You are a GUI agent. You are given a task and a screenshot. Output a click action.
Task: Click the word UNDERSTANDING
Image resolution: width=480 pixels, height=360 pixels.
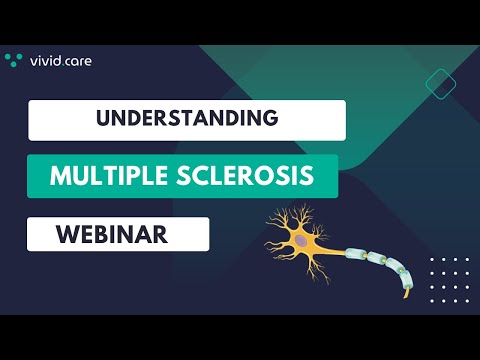186,118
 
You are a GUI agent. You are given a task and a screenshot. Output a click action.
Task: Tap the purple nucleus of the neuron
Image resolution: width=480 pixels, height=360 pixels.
301,240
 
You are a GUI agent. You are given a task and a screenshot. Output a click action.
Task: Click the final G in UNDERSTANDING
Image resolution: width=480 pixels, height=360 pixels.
271,118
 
